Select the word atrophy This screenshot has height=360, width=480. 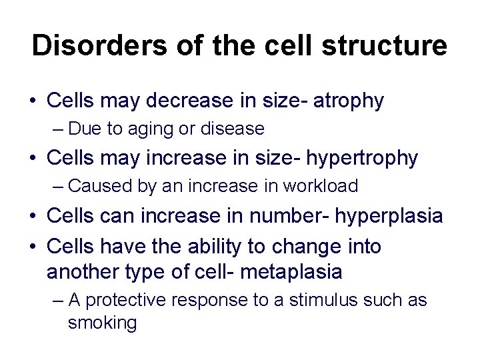(350, 101)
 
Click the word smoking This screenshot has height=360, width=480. (102, 323)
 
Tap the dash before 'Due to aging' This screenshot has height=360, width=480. (57, 128)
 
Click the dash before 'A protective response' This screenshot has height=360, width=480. (57, 301)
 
